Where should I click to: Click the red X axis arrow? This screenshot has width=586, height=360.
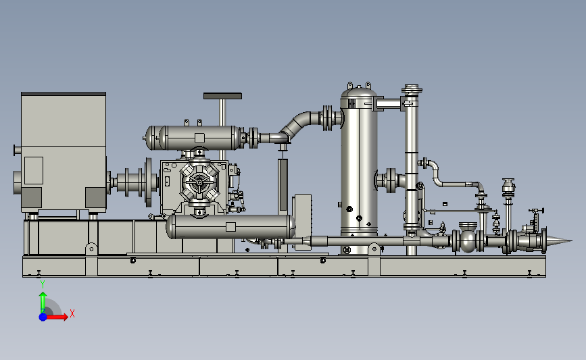pyautogui.click(x=57, y=317)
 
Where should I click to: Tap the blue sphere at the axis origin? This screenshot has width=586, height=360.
pyautogui.click(x=43, y=317)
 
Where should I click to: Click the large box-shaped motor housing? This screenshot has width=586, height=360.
pyautogui.click(x=64, y=152)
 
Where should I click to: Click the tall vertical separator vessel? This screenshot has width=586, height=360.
pyautogui.click(x=359, y=168)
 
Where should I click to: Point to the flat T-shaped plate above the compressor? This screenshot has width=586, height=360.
pyautogui.click(x=222, y=96)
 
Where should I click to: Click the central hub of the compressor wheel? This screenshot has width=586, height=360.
pyautogui.click(x=199, y=182)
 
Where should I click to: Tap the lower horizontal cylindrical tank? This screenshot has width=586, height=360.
pyautogui.click(x=230, y=227)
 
